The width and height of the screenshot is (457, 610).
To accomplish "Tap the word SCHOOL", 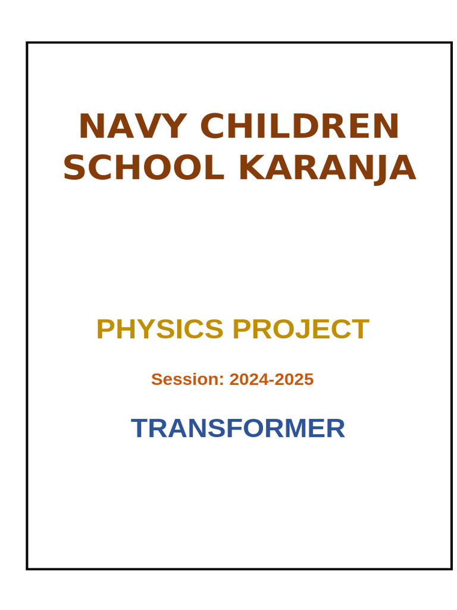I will pos(144,168).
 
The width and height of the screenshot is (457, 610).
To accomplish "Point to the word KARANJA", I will pos(327,168).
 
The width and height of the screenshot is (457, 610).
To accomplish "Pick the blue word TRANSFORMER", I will pos(238,428).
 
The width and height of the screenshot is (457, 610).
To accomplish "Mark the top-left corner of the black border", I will pos(27,43).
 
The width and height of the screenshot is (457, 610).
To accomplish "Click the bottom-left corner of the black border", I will pos(27,568).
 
